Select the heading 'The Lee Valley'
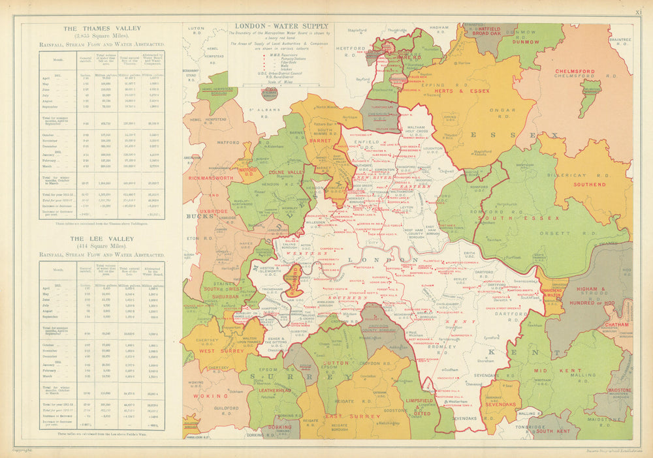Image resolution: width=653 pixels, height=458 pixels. click(101, 239)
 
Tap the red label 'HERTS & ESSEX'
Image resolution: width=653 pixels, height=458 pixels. click(466, 91)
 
